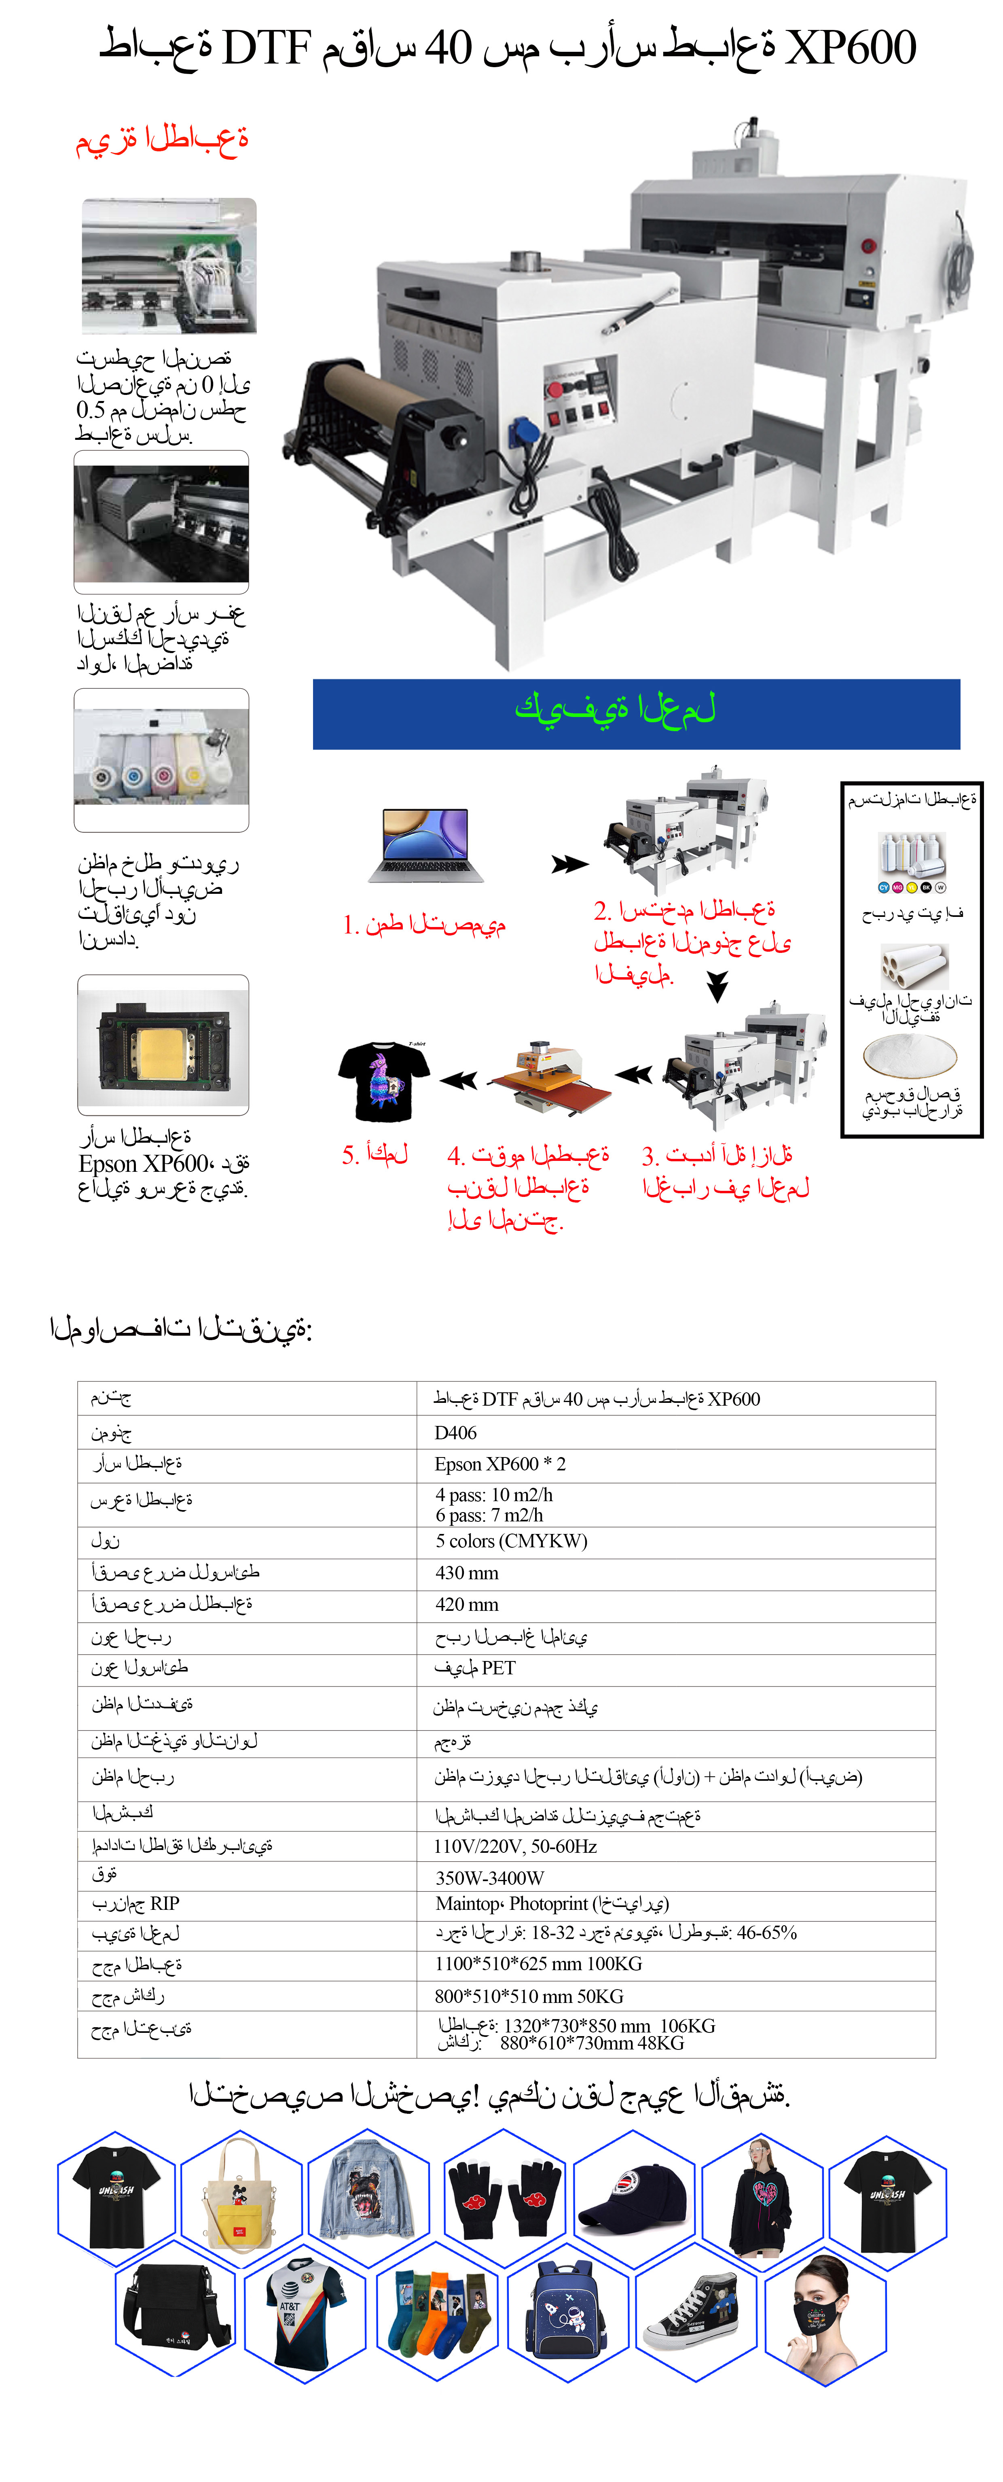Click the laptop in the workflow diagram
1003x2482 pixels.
point(426,844)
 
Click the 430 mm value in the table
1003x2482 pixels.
point(466,1572)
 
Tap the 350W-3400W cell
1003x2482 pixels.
point(489,1877)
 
